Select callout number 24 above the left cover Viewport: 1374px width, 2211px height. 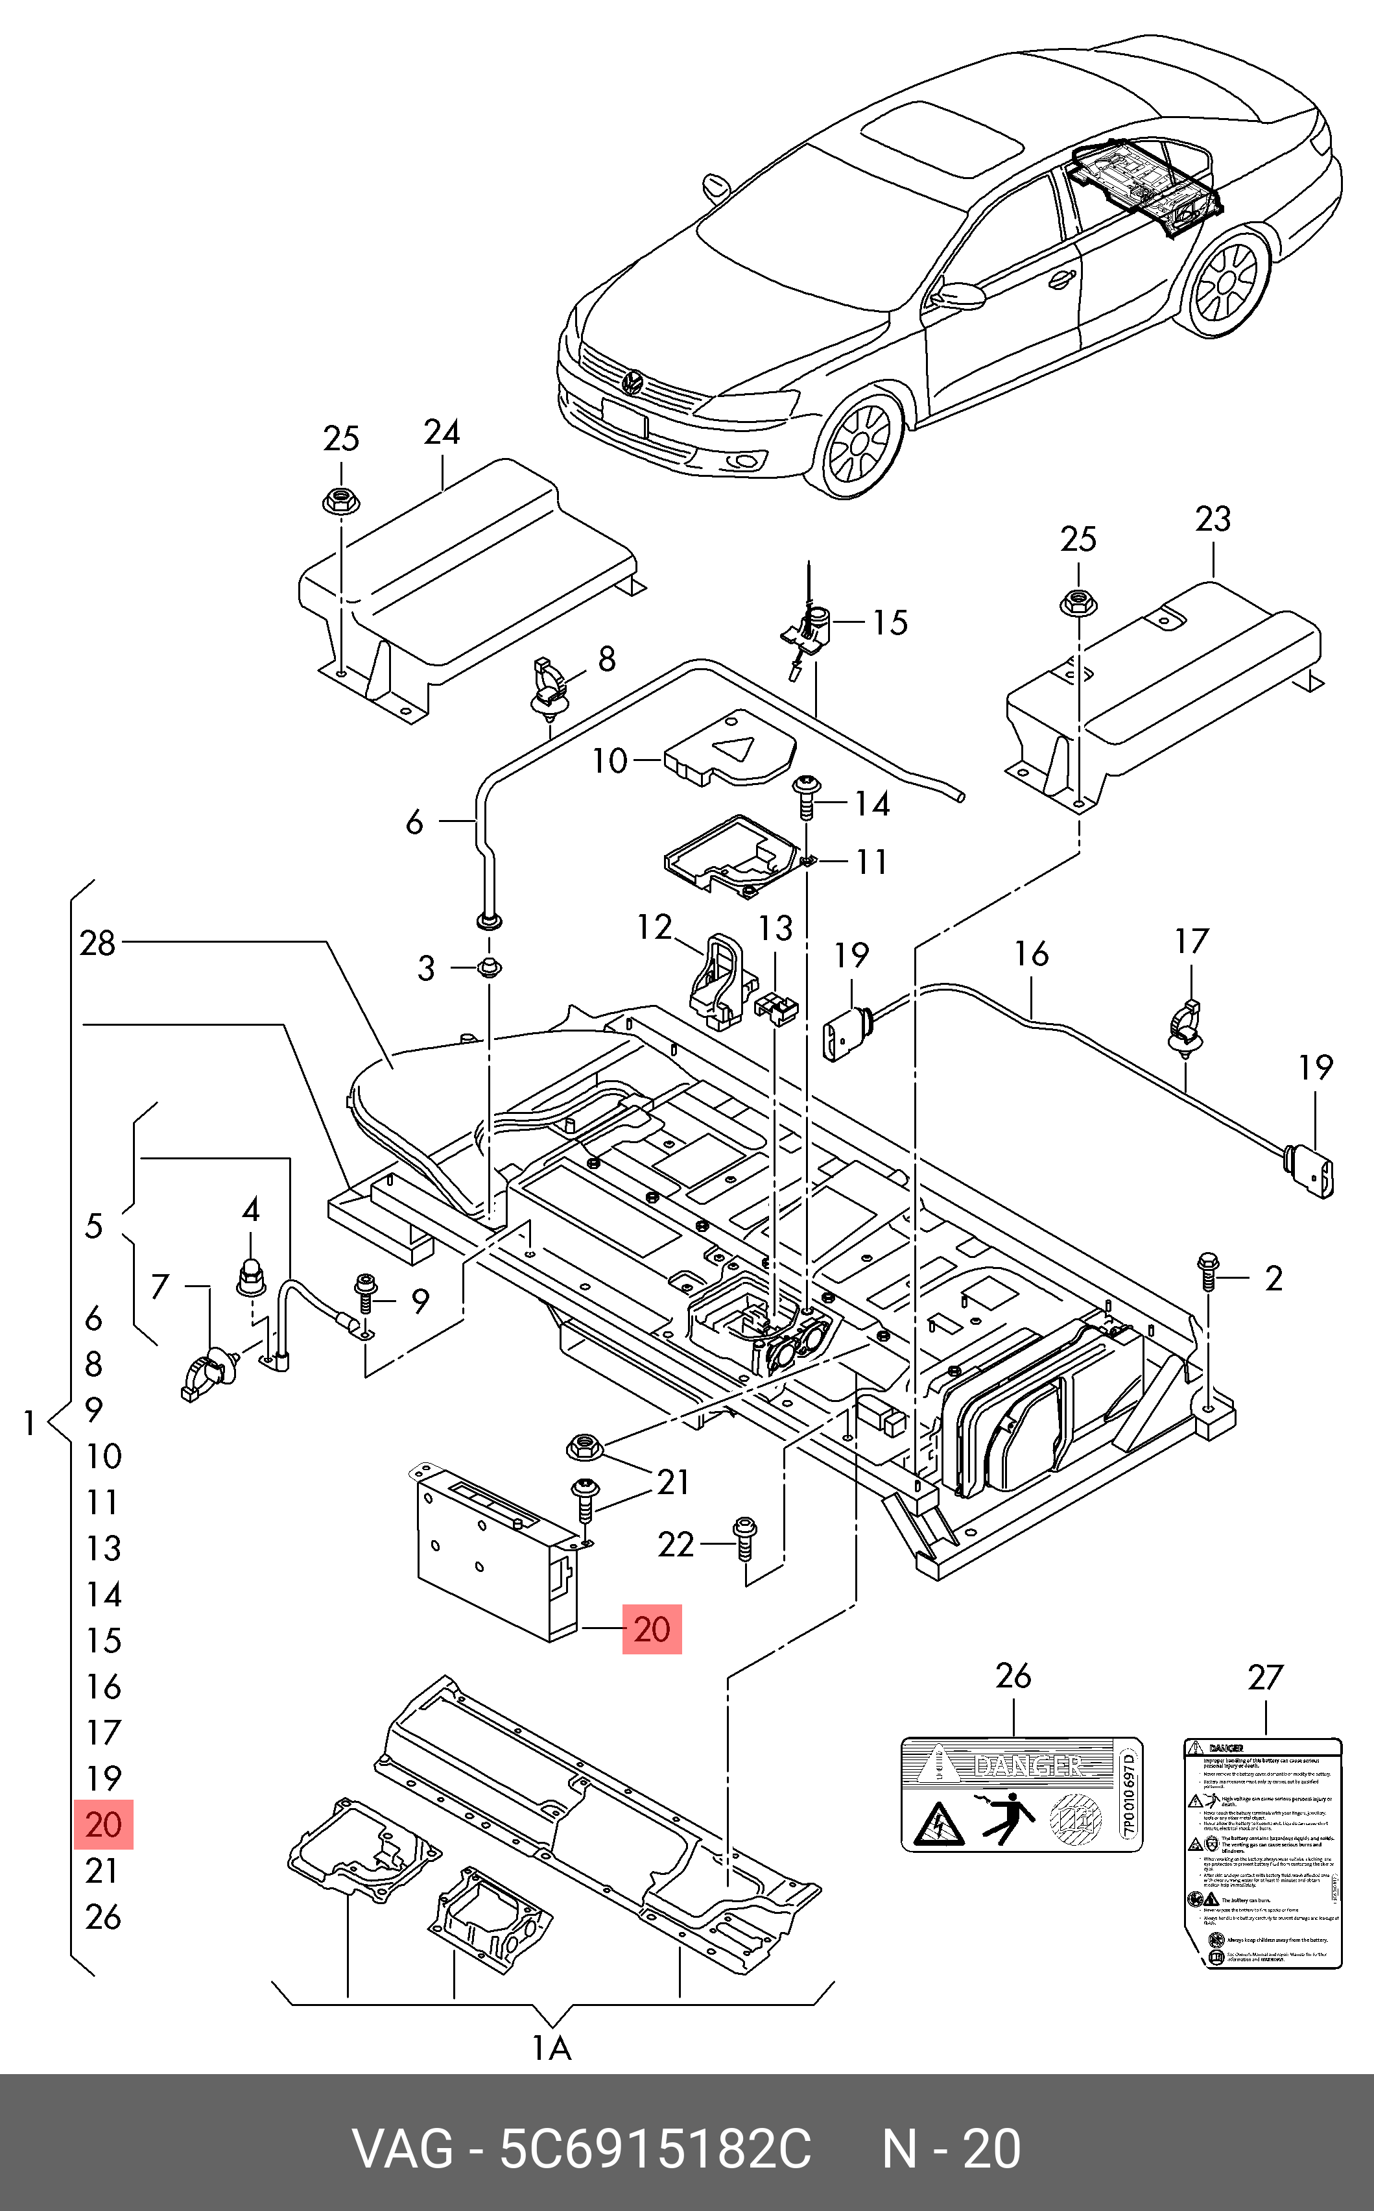tap(442, 432)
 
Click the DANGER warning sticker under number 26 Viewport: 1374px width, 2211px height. tap(1021, 1796)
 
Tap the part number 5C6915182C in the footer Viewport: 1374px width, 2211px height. tap(655, 2149)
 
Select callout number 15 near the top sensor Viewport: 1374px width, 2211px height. tap(890, 623)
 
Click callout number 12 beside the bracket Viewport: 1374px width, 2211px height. tap(654, 927)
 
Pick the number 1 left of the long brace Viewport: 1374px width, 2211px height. tap(29, 1423)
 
